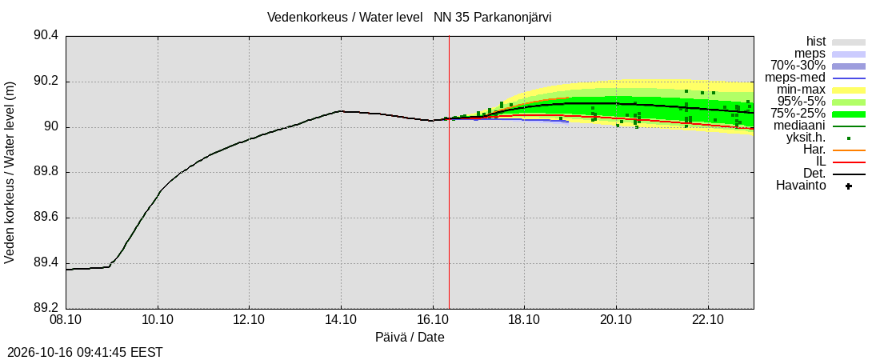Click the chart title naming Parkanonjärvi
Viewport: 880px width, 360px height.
point(409,18)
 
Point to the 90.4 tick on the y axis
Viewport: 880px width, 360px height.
point(46,36)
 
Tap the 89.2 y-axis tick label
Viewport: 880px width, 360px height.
point(46,308)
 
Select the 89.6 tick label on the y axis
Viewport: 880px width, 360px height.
point(46,218)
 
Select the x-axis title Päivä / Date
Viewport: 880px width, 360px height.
point(410,338)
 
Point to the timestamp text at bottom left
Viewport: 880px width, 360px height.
point(82,353)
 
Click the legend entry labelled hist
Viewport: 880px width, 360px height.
point(815,42)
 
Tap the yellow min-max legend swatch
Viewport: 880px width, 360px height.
point(849,90)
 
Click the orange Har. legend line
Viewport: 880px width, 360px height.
point(849,150)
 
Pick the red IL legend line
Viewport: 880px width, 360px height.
point(849,162)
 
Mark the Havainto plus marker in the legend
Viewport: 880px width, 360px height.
point(849,186)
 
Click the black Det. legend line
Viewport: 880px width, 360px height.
point(849,174)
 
